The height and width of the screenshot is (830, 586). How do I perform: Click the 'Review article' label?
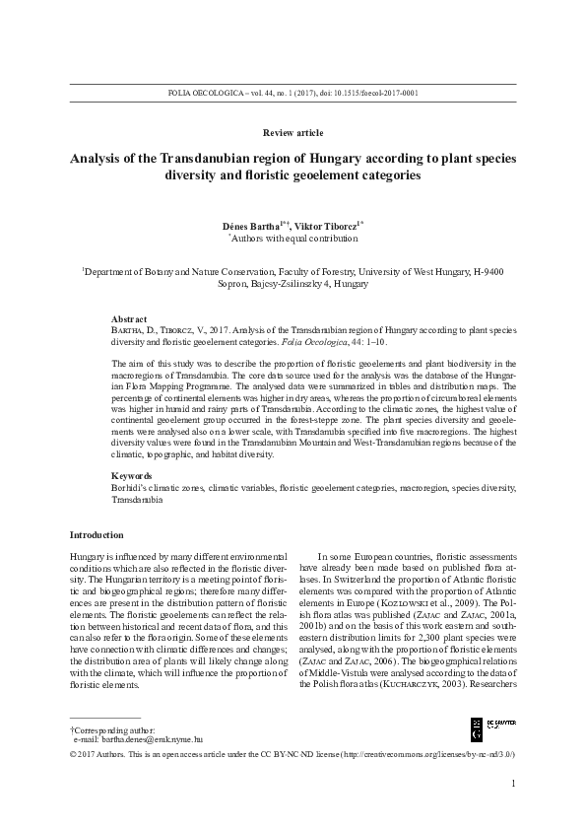pyautogui.click(x=293, y=132)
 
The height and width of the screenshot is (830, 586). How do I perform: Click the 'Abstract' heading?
pyautogui.click(x=130, y=320)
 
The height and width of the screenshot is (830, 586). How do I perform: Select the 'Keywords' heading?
pyautogui.click(x=133, y=476)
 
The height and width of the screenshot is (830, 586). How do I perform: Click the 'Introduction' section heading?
pyautogui.click(x=97, y=534)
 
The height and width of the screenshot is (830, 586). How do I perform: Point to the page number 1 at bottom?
pyautogui.click(x=514, y=784)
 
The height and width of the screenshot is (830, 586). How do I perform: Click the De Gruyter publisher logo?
pyautogui.click(x=489, y=728)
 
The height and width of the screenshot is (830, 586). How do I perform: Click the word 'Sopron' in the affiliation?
pyautogui.click(x=235, y=283)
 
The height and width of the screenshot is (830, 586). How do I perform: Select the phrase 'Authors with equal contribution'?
pyautogui.click(x=295, y=239)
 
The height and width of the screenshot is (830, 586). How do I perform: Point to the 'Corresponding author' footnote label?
pyautogui.click(x=107, y=726)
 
